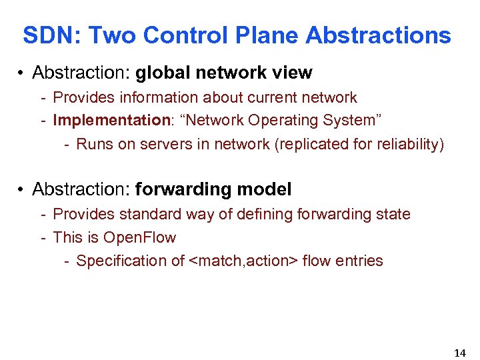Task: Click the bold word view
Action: click(x=293, y=72)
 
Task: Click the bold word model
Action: click(x=265, y=189)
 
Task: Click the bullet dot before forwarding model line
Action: click(x=22, y=190)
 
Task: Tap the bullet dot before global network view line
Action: click(x=22, y=73)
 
